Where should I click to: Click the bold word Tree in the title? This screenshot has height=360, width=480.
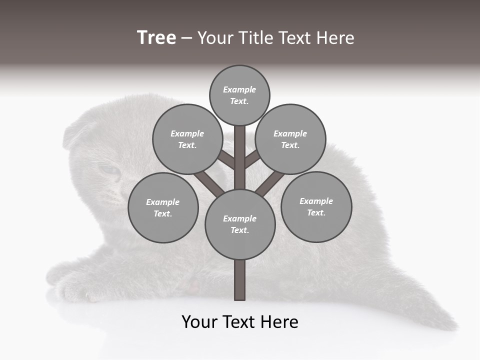(156, 38)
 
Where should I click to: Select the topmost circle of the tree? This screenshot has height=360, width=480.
(239, 95)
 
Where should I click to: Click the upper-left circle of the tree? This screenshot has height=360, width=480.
(187, 139)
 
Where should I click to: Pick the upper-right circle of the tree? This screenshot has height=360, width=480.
(290, 139)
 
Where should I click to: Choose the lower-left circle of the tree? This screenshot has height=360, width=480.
(163, 207)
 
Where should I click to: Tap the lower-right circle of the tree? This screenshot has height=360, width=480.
(316, 206)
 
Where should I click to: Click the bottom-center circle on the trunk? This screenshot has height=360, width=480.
(240, 224)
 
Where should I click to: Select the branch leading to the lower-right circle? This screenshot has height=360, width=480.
(270, 183)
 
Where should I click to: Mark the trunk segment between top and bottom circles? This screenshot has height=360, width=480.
(240, 157)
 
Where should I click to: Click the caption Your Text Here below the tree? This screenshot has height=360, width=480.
(240, 321)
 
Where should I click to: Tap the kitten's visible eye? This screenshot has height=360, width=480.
(110, 170)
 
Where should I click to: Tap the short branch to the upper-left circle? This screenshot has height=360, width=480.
(226, 159)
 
